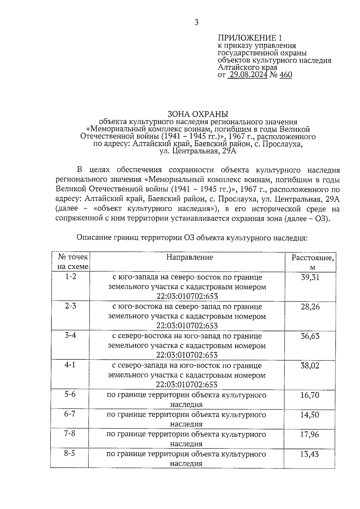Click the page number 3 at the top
click(196, 22)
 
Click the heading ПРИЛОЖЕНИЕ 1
click(250, 38)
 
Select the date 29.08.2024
click(248, 74)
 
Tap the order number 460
click(286, 74)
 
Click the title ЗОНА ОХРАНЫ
click(198, 114)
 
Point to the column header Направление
click(190, 257)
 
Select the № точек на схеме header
click(73, 262)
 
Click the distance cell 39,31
click(310, 277)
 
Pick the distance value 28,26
click(310, 307)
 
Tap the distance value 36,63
click(310, 336)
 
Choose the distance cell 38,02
click(310, 366)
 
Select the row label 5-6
click(70, 394)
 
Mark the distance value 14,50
click(310, 415)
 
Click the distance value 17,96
click(310, 434)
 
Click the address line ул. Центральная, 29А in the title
click(198, 151)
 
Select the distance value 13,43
click(310, 454)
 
